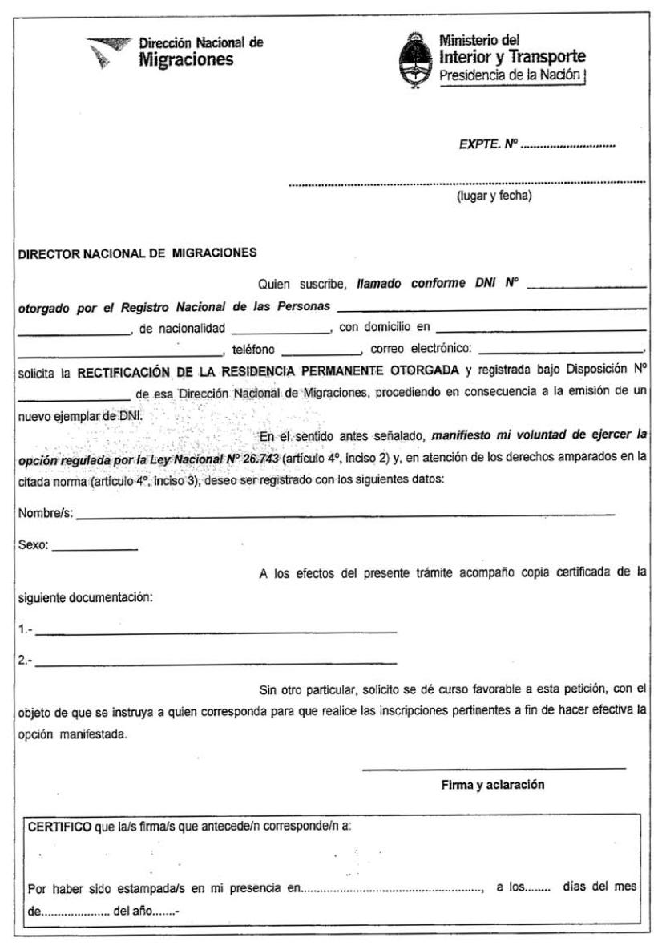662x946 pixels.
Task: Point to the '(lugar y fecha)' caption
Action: (494, 196)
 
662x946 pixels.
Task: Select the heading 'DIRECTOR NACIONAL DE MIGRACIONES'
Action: (136, 253)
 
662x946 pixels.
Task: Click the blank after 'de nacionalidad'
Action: (281, 330)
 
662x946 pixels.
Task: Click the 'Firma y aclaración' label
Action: (493, 785)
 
